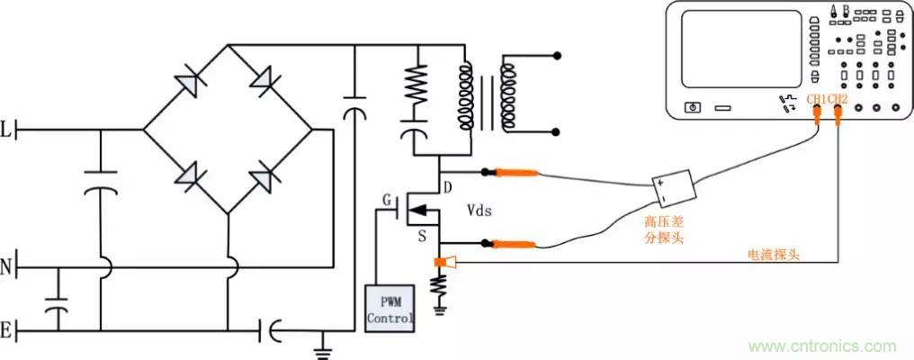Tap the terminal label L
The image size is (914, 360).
[x=7, y=130]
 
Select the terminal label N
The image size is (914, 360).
[x=7, y=267]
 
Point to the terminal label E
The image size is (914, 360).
[x=7, y=331]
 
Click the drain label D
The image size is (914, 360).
[x=447, y=187]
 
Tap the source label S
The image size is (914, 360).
[x=421, y=237]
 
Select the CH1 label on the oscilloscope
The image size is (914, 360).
[x=814, y=98]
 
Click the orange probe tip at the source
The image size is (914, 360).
[x=514, y=244]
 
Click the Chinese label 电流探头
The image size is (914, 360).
[x=774, y=255]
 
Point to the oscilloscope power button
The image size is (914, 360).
[x=692, y=107]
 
